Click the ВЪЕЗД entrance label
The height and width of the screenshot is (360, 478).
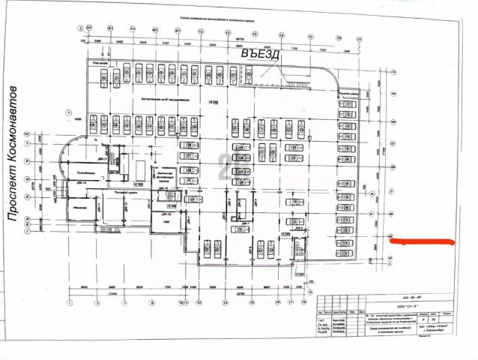tap(259, 55)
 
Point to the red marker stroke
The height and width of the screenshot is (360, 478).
tap(423, 241)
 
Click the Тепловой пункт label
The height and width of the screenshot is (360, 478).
tap(124, 193)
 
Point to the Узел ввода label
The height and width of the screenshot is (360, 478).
tap(97, 64)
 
